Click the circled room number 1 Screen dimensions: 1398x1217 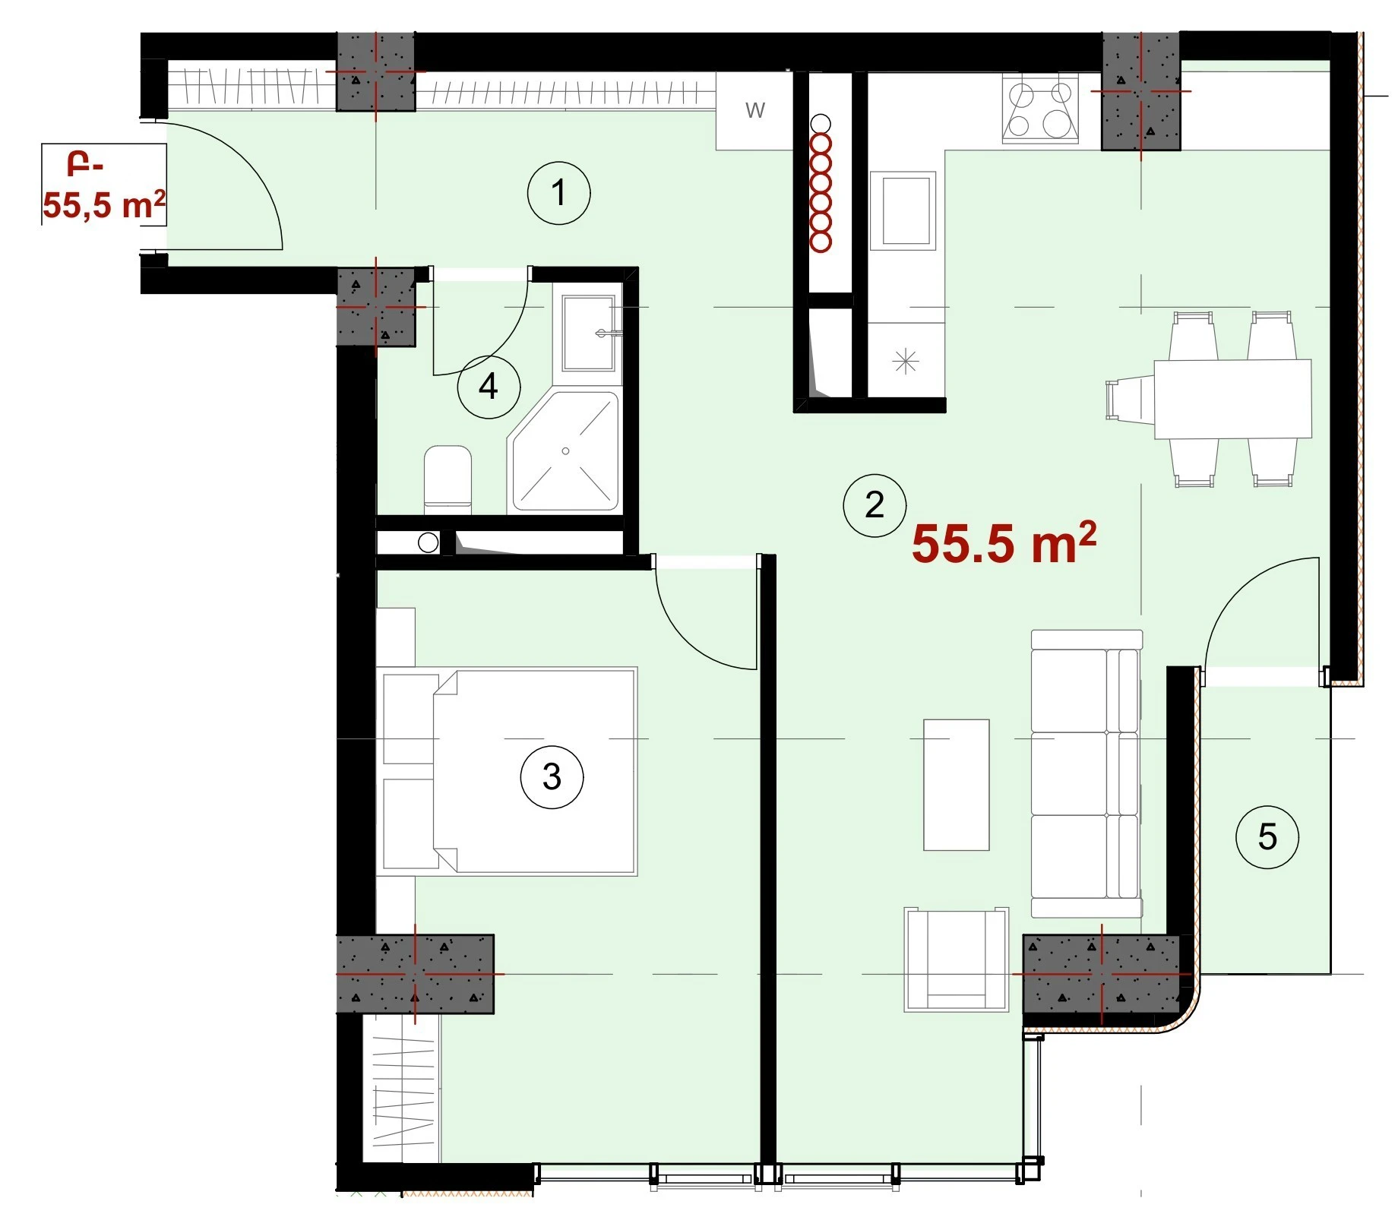click(558, 193)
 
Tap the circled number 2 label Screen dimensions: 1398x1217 click(875, 505)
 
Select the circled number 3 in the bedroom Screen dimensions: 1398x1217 click(552, 776)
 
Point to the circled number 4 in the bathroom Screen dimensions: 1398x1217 click(489, 387)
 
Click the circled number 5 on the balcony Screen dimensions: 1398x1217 click(1267, 837)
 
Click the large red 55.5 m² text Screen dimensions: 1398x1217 click(1004, 542)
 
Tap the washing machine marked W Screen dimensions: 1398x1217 click(754, 111)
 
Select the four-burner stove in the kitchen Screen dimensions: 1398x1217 click(1040, 109)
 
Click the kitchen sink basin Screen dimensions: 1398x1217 click(903, 210)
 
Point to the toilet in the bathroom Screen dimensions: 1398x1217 click(448, 476)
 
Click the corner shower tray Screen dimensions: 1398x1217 click(565, 451)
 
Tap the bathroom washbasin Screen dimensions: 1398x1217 click(588, 333)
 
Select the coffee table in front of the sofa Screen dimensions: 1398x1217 click(956, 785)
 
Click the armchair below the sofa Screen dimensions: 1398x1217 click(957, 959)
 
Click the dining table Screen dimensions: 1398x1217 click(1232, 399)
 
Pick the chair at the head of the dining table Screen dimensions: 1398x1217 click(1130, 399)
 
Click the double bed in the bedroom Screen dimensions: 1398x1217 click(507, 772)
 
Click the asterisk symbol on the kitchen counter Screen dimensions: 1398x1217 click(906, 361)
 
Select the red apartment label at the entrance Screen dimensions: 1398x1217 click(104, 187)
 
